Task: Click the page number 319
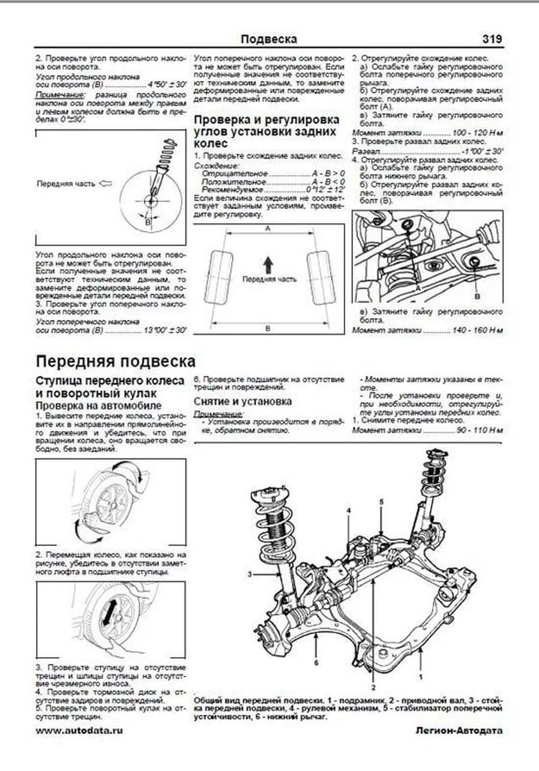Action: [492, 40]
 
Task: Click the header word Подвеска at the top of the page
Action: [269, 40]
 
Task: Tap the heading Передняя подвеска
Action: [115, 361]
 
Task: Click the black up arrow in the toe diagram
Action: [268, 265]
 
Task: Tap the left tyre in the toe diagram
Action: [219, 278]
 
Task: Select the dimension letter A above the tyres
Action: [268, 229]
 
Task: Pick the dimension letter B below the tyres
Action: [268, 329]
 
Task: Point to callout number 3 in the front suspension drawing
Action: [250, 574]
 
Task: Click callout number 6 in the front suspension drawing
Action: [316, 663]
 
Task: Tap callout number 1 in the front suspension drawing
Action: [420, 676]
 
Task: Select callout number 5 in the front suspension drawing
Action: [381, 502]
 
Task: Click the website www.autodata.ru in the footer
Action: [79, 731]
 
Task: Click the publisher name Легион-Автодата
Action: [459, 731]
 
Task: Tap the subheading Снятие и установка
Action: [243, 401]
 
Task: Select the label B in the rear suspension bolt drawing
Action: [477, 296]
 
